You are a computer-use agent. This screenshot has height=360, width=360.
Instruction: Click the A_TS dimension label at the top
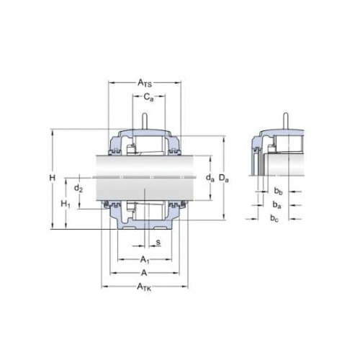pyautogui.click(x=145, y=84)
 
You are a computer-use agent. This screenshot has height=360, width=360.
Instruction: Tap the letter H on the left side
pyautogui.click(x=52, y=178)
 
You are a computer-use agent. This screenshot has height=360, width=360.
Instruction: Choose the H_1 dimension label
pyautogui.click(x=66, y=204)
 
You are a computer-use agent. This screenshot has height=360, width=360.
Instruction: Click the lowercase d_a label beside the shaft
pyautogui.click(x=210, y=177)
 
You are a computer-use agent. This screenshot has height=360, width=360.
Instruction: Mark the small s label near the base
pyautogui.click(x=158, y=241)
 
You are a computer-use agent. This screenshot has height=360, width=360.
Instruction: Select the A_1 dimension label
pyautogui.click(x=145, y=259)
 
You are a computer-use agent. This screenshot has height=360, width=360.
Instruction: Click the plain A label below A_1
pyautogui.click(x=144, y=273)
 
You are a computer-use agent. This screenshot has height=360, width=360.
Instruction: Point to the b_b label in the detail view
pyautogui.click(x=277, y=191)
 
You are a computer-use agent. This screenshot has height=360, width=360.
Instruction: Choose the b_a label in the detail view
pyautogui.click(x=277, y=204)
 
